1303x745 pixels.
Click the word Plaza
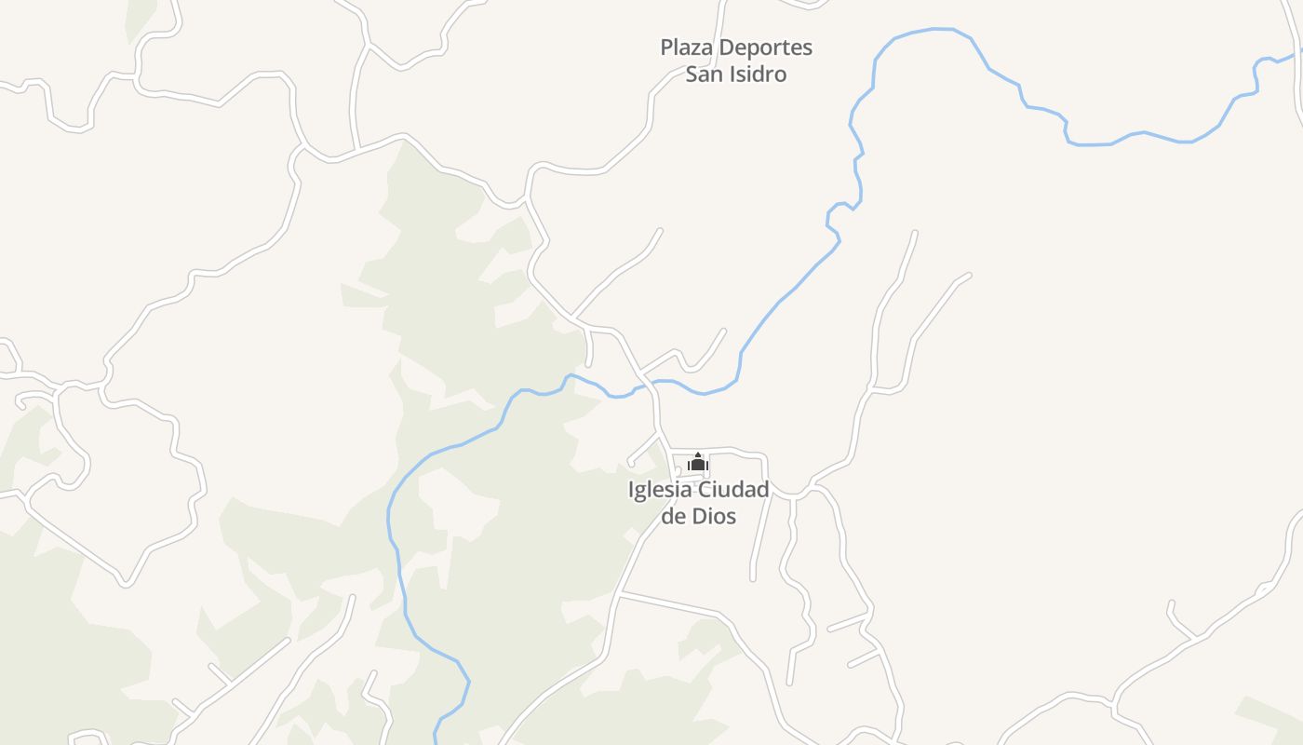pyautogui.click(x=685, y=47)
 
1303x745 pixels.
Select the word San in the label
pyautogui.click(x=705, y=74)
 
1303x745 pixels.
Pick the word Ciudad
pyautogui.click(x=733, y=490)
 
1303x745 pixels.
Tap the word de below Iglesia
pyautogui.click(x=673, y=516)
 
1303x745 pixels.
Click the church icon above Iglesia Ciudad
pyautogui.click(x=698, y=463)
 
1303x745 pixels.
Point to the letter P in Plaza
pyautogui.click(x=666, y=47)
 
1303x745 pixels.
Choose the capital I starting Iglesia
pyautogui.click(x=632, y=490)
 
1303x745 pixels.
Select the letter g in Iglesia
pyautogui.click(x=642, y=492)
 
